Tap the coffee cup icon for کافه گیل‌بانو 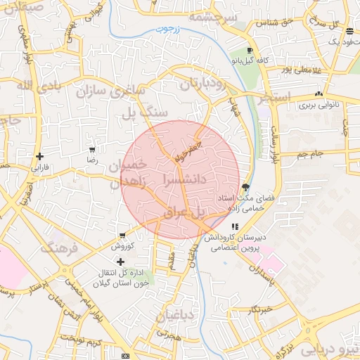(250, 51)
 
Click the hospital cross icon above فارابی (40, 156)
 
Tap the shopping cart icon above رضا (92, 150)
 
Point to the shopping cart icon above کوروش (122, 236)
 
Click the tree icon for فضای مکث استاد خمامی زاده (245, 187)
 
